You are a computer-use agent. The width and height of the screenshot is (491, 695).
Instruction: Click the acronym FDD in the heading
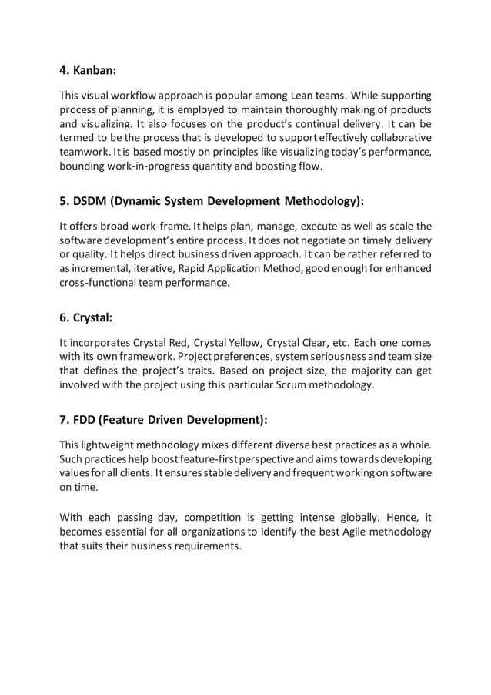click(87, 421)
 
